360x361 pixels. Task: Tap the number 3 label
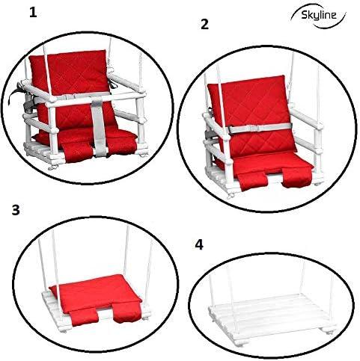15,209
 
